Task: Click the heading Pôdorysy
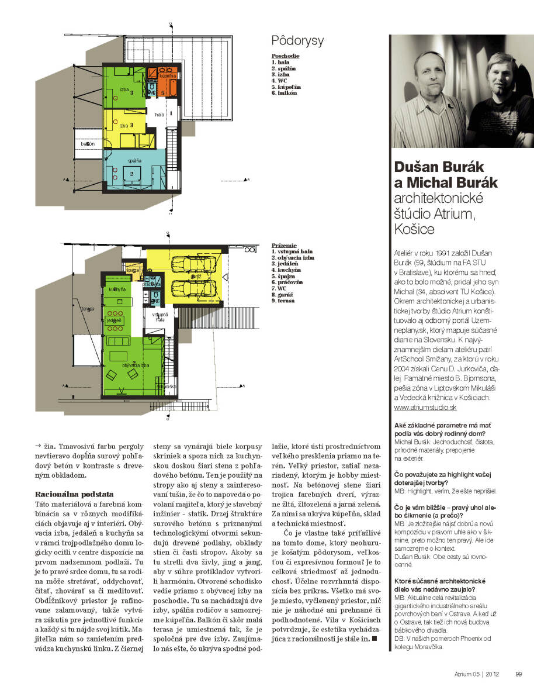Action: pyautogui.click(x=298, y=41)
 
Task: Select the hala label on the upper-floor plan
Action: pyautogui.click(x=159, y=115)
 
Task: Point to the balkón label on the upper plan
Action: pyautogui.click(x=88, y=144)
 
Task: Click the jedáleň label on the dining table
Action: pyautogui.click(x=114, y=322)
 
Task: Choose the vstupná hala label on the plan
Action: pyautogui.click(x=160, y=317)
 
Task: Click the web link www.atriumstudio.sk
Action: pyautogui.click(x=425, y=406)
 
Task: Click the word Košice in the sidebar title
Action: pyautogui.click(x=415, y=229)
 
